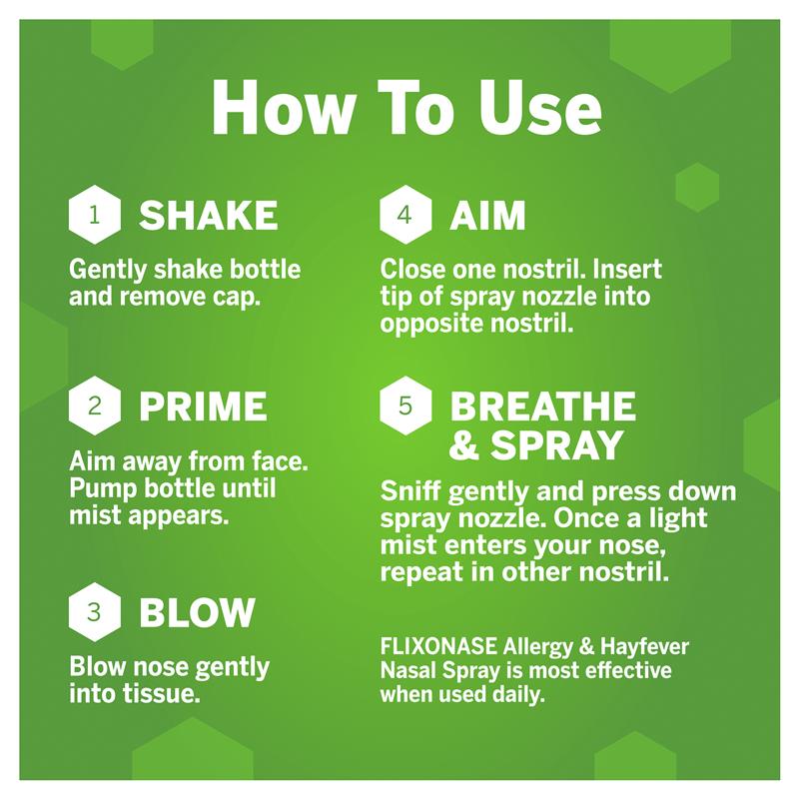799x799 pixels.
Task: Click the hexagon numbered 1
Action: click(x=94, y=215)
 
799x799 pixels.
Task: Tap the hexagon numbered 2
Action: click(x=94, y=405)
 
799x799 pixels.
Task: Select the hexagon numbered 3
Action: click(x=94, y=611)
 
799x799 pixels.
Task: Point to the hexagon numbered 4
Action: click(x=405, y=215)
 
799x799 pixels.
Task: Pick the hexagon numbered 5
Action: click(x=405, y=405)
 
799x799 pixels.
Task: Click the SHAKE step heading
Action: click(x=209, y=215)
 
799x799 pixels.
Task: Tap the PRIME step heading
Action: click(x=203, y=406)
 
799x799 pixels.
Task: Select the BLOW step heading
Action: click(x=197, y=612)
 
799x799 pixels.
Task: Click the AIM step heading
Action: click(x=487, y=215)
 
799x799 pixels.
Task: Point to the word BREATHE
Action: click(x=542, y=406)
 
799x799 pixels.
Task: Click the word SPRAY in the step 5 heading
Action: click(x=557, y=444)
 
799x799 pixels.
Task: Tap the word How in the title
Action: click(x=284, y=108)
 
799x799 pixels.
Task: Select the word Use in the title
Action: click(x=539, y=108)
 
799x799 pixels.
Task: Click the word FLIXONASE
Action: click(x=438, y=646)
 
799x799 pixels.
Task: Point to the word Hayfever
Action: click(x=644, y=647)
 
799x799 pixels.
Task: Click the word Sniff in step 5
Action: click(x=411, y=491)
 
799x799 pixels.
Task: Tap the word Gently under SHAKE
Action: click(x=108, y=270)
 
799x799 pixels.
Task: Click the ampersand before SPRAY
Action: click(x=464, y=444)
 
